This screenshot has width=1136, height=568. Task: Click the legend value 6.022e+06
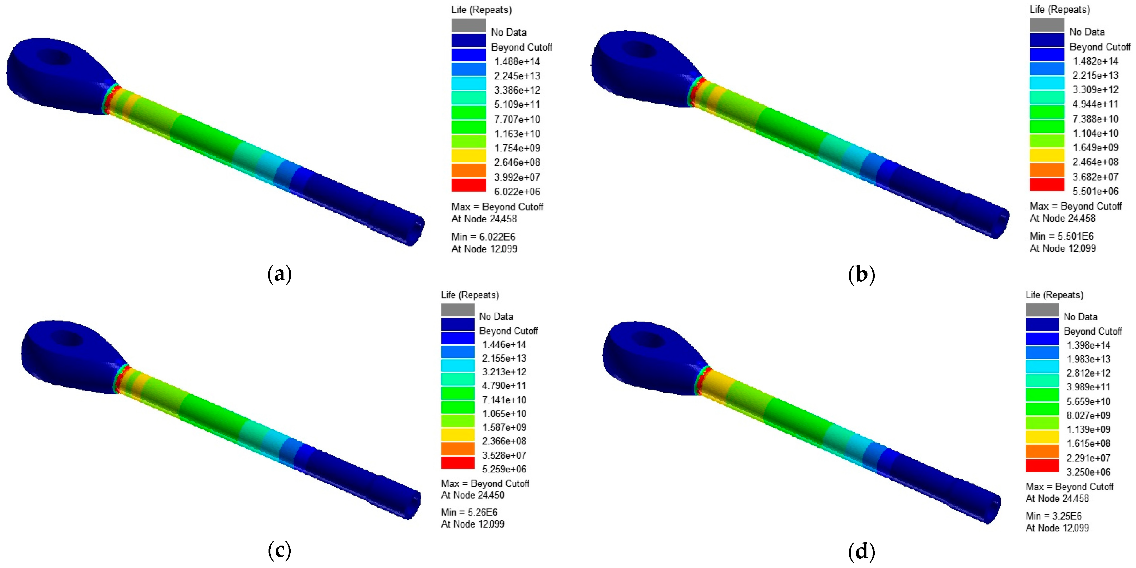point(517,191)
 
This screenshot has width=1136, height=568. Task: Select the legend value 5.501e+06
point(1095,191)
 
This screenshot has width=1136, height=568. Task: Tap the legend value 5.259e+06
point(504,469)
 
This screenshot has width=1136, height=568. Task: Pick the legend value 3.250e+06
point(1088,472)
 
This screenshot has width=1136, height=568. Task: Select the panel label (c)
point(279,550)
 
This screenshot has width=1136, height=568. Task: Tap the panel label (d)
point(861,550)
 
